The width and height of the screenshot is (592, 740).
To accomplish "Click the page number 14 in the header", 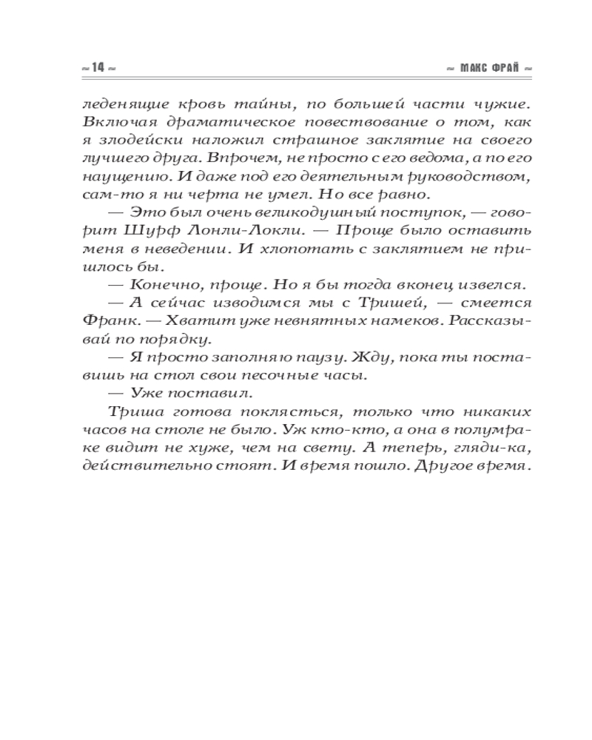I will [x=96, y=67].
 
